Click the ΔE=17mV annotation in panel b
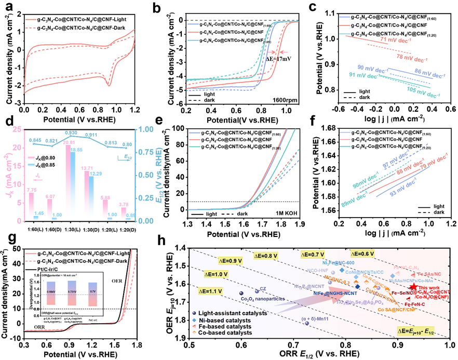[274, 59]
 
